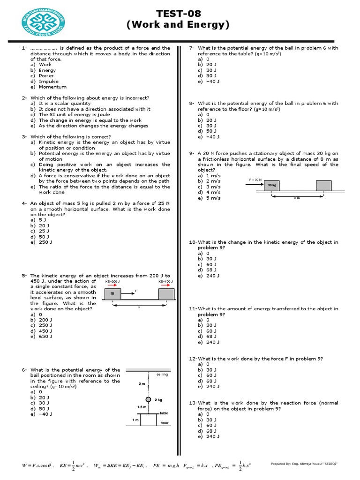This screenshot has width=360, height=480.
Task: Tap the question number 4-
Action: [x=24, y=203]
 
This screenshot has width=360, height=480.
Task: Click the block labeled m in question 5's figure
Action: [x=112, y=294]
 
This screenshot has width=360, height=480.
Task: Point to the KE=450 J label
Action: [x=165, y=282]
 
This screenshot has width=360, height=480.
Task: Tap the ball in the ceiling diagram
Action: [x=148, y=399]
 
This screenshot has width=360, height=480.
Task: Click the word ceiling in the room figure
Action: [x=162, y=375]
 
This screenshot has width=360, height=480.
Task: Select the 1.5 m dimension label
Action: [x=142, y=407]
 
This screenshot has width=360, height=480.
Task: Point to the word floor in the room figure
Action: [x=164, y=423]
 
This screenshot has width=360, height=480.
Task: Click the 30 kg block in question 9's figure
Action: [x=272, y=186]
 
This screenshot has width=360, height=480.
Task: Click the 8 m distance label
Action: [x=296, y=198]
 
